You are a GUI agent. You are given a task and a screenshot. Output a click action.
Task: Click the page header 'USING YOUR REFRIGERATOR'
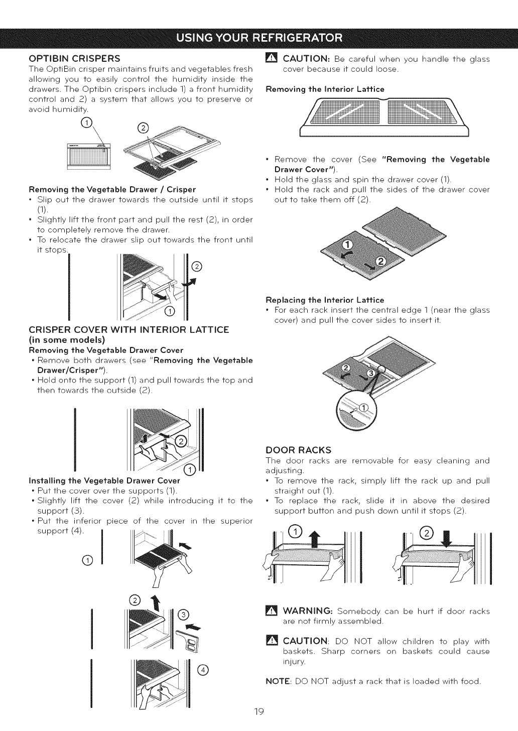tap(259, 38)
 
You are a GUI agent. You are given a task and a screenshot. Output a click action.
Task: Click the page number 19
tap(258, 712)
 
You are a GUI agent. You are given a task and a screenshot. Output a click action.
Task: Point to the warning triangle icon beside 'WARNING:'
tap(271, 612)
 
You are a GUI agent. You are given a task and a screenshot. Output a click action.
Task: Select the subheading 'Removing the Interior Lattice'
tap(324, 89)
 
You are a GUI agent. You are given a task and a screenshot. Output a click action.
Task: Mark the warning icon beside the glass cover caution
tap(271, 59)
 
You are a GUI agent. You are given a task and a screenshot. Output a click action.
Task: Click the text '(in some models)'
tap(63, 340)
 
